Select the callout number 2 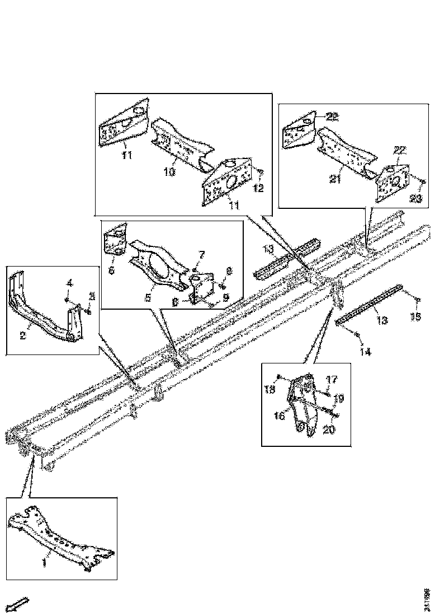tap(23, 336)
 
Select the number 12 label tap(258, 189)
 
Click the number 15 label tap(415, 317)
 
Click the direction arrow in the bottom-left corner tap(20, 604)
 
